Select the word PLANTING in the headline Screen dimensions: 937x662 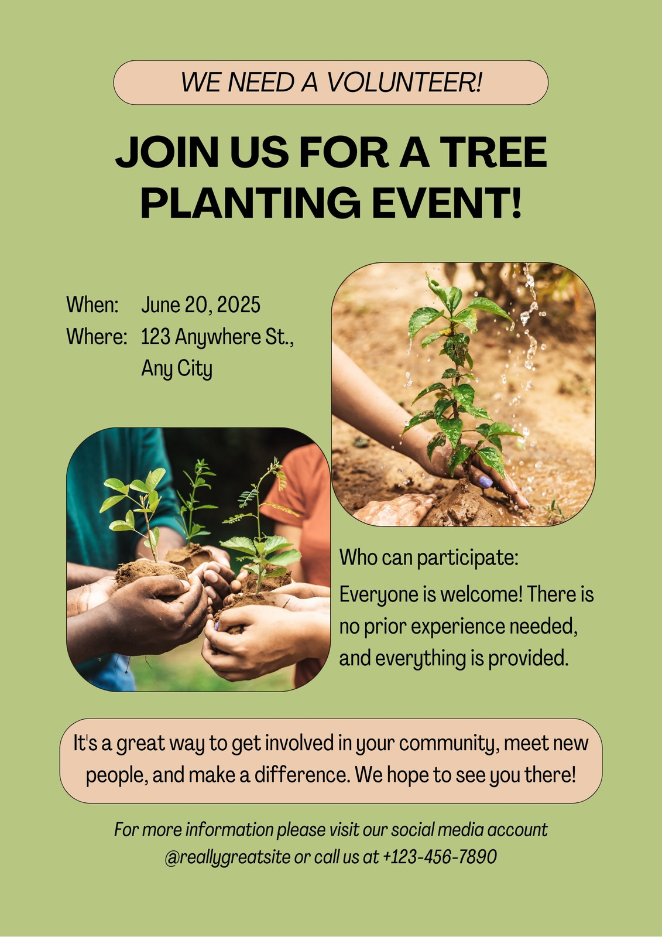(251, 203)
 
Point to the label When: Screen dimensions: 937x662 (92, 305)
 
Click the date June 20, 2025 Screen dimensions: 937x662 (201, 305)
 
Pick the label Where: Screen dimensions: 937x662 (97, 337)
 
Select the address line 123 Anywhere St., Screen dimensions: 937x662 (217, 337)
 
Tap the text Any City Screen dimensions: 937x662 (177, 369)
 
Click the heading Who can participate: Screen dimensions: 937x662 (429, 558)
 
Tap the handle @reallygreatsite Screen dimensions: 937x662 (228, 857)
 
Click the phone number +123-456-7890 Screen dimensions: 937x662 (440, 857)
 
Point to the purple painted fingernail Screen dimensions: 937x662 (486, 481)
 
